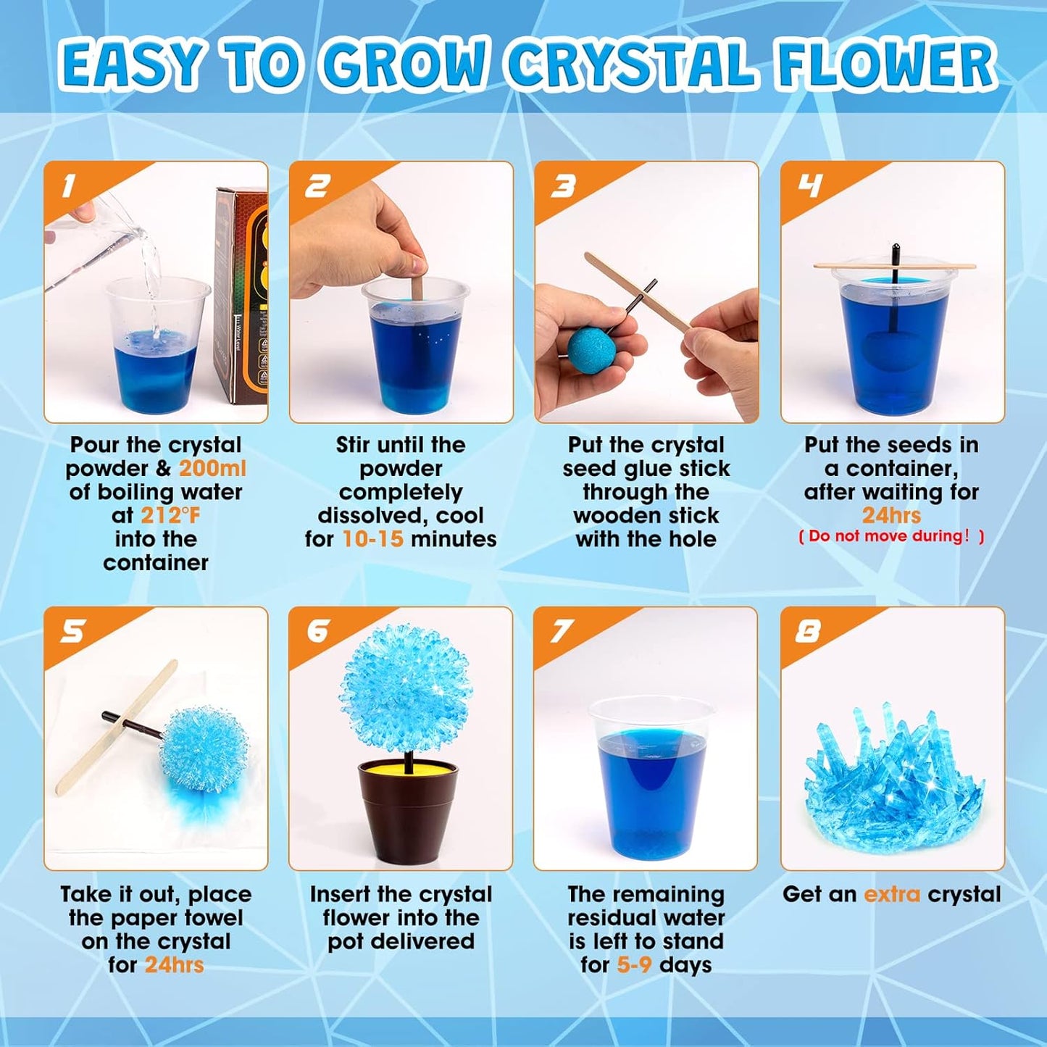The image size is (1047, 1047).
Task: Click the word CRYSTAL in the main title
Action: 630,64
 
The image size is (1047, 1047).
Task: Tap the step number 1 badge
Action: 68,186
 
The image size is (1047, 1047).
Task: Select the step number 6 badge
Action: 317,631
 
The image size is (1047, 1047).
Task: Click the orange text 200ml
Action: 212,468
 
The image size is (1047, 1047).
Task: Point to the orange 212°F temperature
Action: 170,515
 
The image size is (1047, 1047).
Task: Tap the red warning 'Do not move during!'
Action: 891,536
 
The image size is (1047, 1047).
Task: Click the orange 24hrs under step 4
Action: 891,515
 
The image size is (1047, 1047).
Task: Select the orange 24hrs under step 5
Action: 174,964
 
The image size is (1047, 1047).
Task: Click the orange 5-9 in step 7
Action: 634,964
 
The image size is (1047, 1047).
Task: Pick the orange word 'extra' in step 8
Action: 892,894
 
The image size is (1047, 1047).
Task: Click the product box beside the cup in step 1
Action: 242,297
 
